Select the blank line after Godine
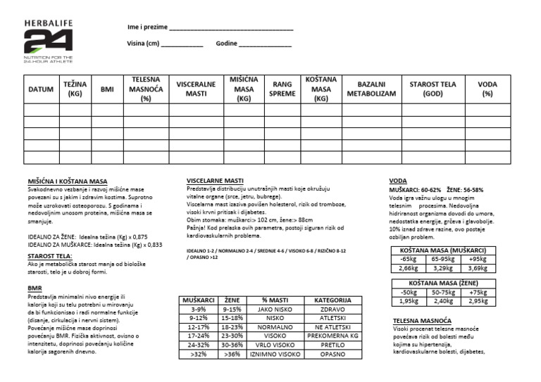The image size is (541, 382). [x=265, y=46]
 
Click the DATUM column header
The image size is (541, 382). [x=41, y=90]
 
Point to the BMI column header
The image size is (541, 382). [x=107, y=90]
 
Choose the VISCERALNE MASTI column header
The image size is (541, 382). [x=196, y=89]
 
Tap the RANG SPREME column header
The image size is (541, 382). [x=282, y=89]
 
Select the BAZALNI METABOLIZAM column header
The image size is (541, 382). [x=371, y=89]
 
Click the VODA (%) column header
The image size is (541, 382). [x=487, y=89]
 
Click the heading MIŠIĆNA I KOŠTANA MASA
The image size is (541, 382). [x=67, y=181]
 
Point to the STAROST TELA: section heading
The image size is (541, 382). [x=50, y=256]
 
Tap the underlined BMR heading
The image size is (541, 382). [x=35, y=289]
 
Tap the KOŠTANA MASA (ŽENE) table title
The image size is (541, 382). [x=440, y=283]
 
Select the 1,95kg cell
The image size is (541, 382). [x=409, y=301]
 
